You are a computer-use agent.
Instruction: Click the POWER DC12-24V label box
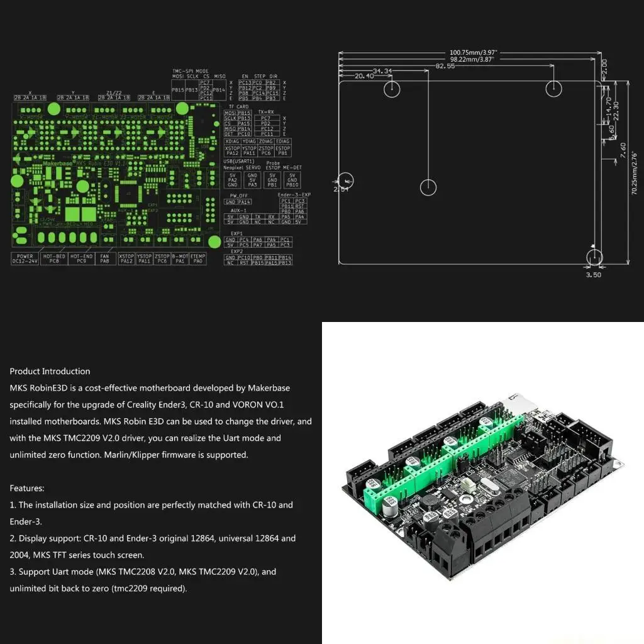tap(26, 258)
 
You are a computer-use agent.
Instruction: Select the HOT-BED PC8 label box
tap(54, 258)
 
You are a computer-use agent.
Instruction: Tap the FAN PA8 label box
tap(104, 258)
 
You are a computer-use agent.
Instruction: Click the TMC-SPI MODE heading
tap(190, 70)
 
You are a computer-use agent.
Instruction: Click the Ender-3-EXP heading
tap(294, 195)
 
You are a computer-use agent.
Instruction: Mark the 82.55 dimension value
tap(445, 66)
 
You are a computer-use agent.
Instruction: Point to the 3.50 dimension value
tap(593, 274)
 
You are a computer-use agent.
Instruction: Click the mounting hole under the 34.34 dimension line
tap(392, 89)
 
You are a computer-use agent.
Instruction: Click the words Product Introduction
tap(50, 371)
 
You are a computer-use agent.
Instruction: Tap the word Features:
tap(27, 488)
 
